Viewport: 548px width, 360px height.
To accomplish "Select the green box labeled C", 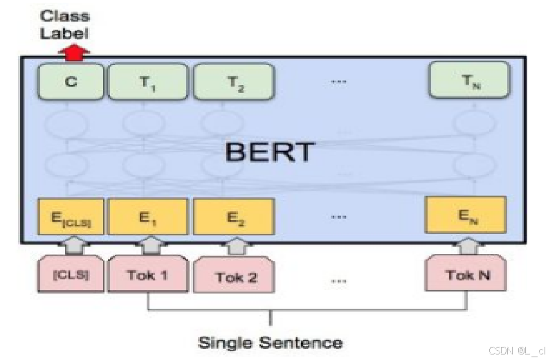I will pos(71,82).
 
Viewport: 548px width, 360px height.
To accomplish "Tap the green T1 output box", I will pos(147,82).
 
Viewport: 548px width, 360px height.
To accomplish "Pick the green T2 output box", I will pos(232,82).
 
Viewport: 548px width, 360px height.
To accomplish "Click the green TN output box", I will pos(469,80).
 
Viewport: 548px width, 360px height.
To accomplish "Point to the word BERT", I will pos(270,152).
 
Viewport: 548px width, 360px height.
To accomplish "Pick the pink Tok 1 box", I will pos(147,276).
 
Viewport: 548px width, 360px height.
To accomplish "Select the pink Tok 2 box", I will pos(234,277).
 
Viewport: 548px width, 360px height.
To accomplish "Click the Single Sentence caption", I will pos(270,342).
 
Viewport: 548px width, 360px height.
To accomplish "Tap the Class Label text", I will pos(64,24).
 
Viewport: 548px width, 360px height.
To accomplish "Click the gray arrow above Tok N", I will pos(469,246).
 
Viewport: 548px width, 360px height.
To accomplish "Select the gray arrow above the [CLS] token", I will pos(71,246).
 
